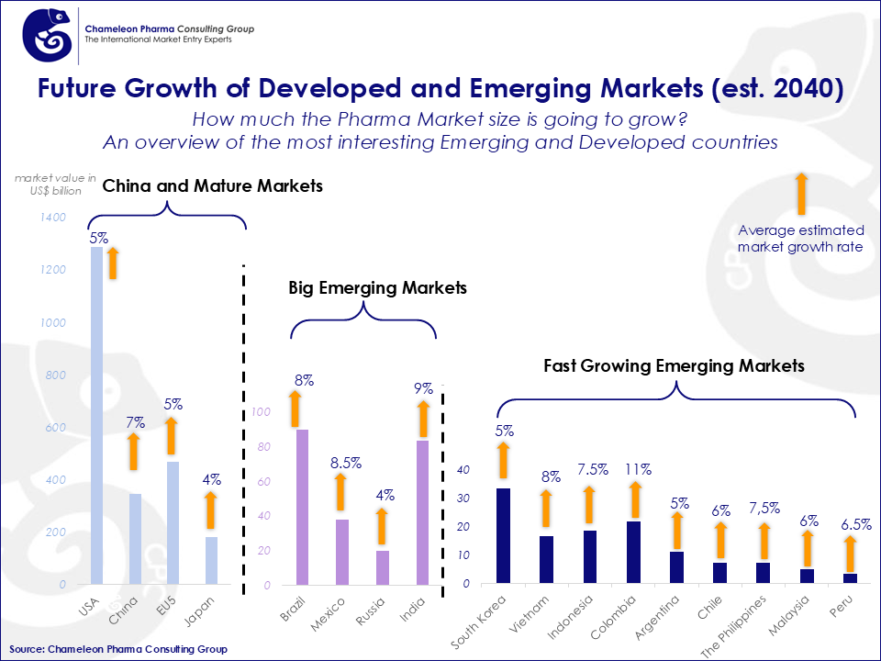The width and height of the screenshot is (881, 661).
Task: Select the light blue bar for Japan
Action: click(x=211, y=560)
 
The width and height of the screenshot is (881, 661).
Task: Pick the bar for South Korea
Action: click(x=503, y=535)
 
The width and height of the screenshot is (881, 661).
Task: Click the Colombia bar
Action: click(x=633, y=552)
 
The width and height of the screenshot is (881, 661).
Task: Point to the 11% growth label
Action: click(x=638, y=469)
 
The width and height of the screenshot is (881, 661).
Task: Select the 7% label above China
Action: click(x=136, y=423)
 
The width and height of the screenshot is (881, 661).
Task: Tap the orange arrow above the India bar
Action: click(x=423, y=417)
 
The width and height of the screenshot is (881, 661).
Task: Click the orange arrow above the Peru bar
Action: click(x=850, y=554)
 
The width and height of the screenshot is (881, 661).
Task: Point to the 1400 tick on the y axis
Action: click(x=53, y=218)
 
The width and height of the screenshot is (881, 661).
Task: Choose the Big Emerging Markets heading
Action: click(x=377, y=287)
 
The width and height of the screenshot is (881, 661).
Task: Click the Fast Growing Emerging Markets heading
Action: click(x=674, y=365)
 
